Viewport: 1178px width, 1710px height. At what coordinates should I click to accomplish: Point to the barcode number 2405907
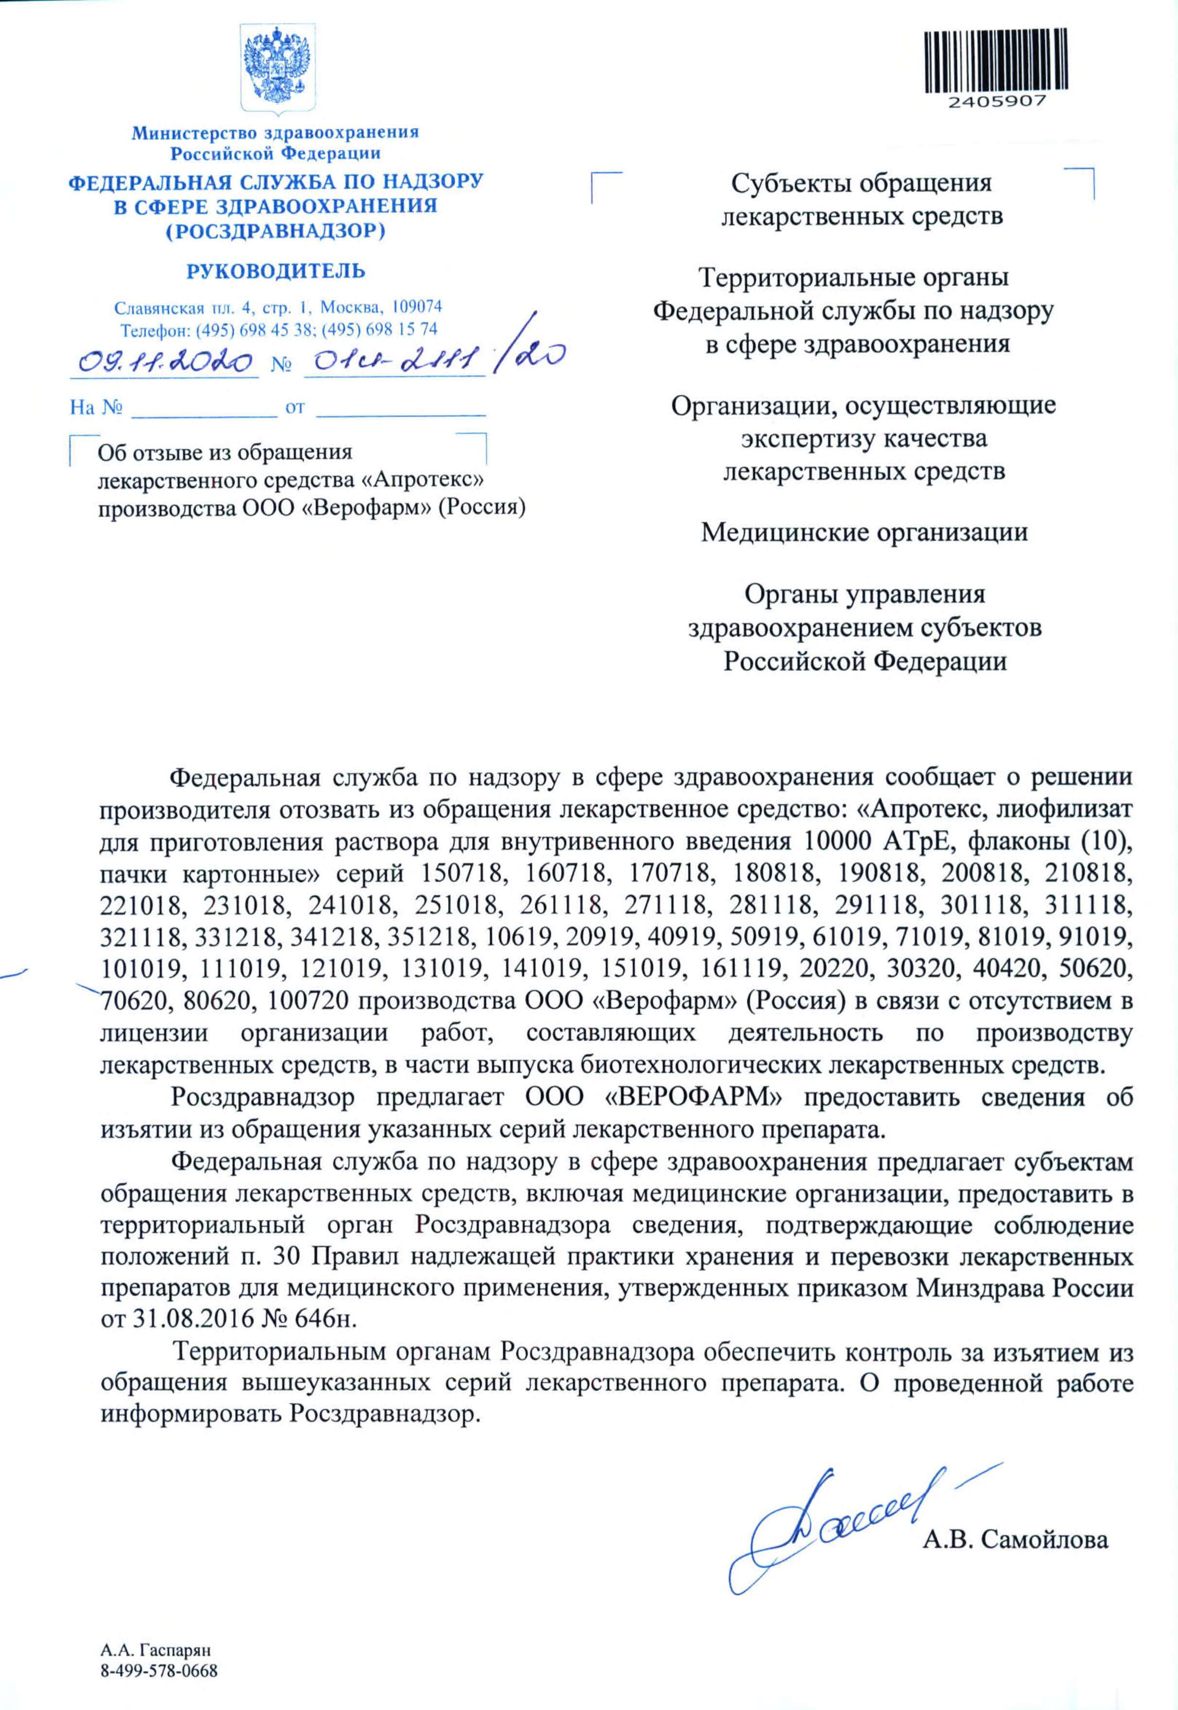[x=986, y=102]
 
